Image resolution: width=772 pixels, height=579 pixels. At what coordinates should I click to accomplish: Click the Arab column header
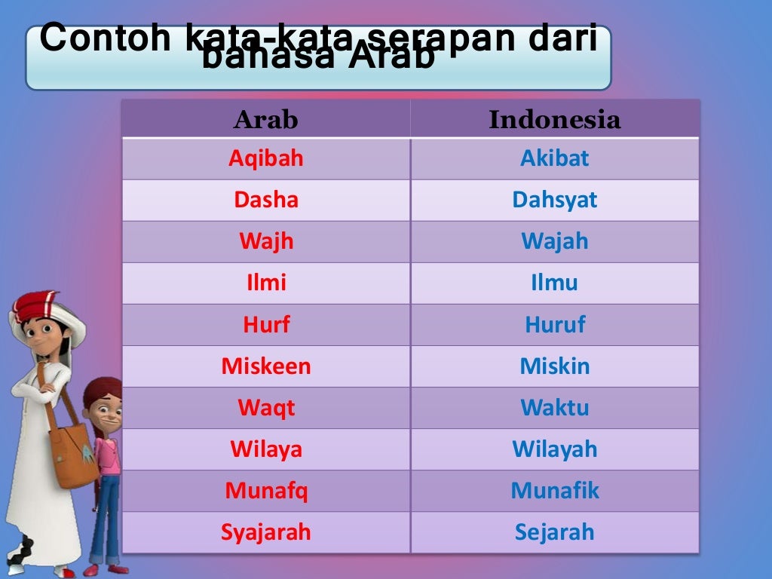pyautogui.click(x=266, y=120)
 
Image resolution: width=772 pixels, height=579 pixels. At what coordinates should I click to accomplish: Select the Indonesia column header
pyautogui.click(x=555, y=120)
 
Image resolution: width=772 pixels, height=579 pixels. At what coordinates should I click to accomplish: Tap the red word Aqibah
pyautogui.click(x=266, y=159)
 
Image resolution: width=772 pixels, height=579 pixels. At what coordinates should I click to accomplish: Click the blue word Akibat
pyautogui.click(x=555, y=159)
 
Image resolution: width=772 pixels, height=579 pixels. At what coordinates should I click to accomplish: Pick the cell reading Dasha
pyautogui.click(x=266, y=201)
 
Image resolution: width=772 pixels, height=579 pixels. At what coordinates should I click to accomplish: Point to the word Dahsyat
pyautogui.click(x=555, y=201)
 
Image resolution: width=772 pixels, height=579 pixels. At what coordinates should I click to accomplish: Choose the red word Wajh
pyautogui.click(x=266, y=242)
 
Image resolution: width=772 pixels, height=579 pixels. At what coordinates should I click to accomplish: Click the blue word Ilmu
pyautogui.click(x=555, y=283)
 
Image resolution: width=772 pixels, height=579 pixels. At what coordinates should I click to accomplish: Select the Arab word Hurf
pyautogui.click(x=266, y=325)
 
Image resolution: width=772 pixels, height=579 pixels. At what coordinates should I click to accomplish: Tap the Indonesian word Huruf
pyautogui.click(x=555, y=325)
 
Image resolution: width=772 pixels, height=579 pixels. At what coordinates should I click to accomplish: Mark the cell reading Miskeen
pyautogui.click(x=266, y=366)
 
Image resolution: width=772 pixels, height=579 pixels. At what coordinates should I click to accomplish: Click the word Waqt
pyautogui.click(x=266, y=408)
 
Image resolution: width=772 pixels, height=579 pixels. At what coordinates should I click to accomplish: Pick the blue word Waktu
pyautogui.click(x=555, y=408)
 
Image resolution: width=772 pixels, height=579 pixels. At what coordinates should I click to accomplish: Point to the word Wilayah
pyautogui.click(x=555, y=449)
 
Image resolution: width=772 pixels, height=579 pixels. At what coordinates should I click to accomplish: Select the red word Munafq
pyautogui.click(x=266, y=491)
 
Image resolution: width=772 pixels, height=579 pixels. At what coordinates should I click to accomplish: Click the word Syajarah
pyautogui.click(x=266, y=532)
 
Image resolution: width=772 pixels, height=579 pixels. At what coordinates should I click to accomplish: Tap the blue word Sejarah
pyautogui.click(x=555, y=532)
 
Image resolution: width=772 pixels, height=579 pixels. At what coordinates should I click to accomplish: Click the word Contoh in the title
pyautogui.click(x=106, y=39)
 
